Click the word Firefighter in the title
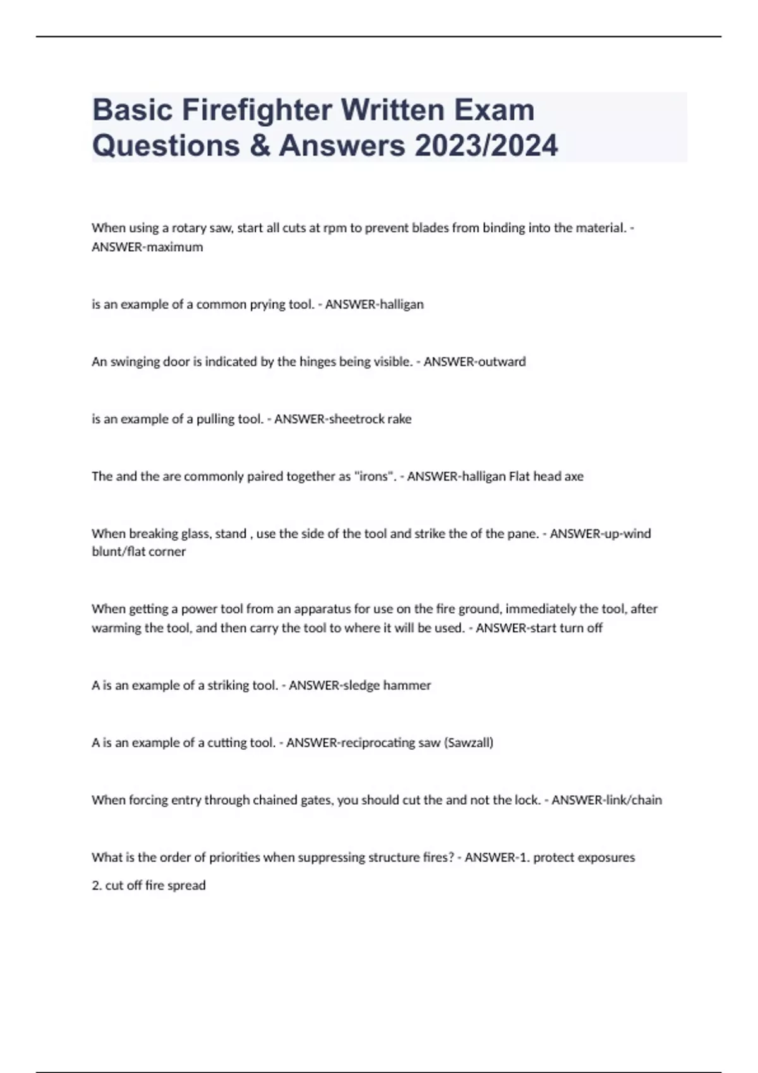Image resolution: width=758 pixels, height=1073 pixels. pyautogui.click(x=256, y=110)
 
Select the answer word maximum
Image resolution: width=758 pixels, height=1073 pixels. pyautogui.click(x=174, y=247)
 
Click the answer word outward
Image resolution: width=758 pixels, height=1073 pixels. pyautogui.click(x=502, y=362)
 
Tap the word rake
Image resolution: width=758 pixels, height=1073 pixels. pyautogui.click(x=399, y=419)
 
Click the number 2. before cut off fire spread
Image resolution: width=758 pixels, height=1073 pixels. pyautogui.click(x=97, y=886)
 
